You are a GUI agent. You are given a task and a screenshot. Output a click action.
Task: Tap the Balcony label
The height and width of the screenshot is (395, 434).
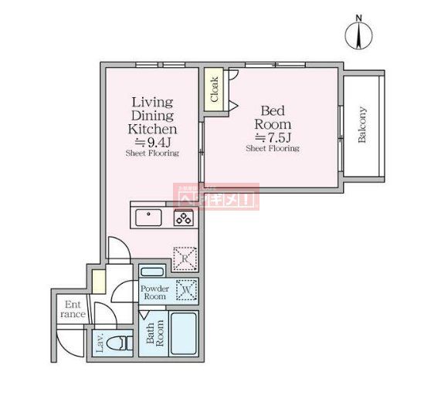point(362,125)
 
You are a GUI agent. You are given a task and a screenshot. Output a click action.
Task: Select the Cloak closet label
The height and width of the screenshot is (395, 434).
point(214,89)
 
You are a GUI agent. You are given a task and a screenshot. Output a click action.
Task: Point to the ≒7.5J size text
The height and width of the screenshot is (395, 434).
point(272,137)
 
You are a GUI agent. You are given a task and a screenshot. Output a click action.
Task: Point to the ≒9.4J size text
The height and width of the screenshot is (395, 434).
point(152,142)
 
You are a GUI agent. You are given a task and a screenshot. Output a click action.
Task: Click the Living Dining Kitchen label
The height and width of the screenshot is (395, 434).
point(152,116)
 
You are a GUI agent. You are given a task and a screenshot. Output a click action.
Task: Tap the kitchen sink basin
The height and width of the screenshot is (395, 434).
point(148,218)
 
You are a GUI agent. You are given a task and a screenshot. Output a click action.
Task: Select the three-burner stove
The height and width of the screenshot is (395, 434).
point(184,218)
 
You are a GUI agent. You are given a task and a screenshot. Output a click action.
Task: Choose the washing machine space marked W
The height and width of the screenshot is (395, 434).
point(185,291)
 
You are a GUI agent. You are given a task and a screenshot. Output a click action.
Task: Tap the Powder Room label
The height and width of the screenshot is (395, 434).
point(154,292)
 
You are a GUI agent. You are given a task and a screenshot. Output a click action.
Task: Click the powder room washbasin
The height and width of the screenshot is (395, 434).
point(152,271)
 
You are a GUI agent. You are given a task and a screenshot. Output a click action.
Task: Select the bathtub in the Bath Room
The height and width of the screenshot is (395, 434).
point(184,334)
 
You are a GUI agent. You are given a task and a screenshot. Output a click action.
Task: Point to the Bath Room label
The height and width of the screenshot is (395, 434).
point(154,335)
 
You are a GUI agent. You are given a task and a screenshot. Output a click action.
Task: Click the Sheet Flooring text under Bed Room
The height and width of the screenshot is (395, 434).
point(272,149)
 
